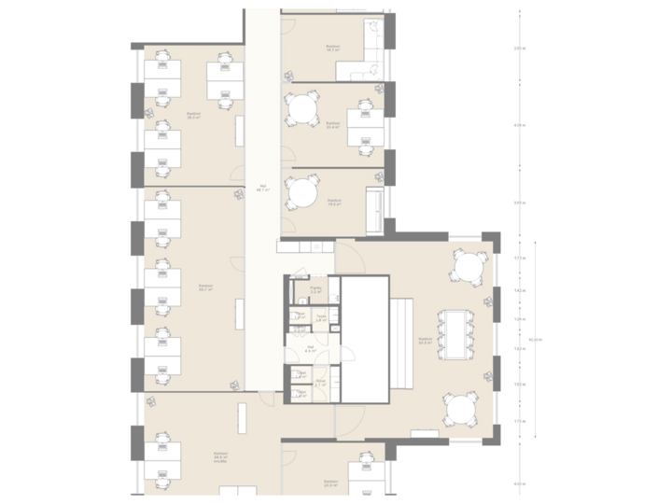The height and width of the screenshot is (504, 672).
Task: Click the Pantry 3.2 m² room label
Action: point(315,291)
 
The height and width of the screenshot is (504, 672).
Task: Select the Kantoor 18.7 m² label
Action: point(332,48)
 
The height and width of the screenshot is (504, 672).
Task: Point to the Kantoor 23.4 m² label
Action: point(333,124)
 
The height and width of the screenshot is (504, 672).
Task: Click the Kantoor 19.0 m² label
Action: point(333,203)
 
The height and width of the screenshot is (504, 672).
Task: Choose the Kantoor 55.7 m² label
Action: point(205,288)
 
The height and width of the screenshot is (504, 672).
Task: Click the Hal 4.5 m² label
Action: point(310,350)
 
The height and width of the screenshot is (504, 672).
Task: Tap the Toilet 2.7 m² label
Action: point(319,383)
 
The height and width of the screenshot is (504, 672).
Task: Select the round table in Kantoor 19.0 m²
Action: point(301,194)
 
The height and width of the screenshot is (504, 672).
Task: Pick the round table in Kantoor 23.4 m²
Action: point(301,110)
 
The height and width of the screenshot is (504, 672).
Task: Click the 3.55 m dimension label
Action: point(519,203)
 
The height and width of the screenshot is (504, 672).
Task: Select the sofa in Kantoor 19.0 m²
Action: point(375,208)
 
